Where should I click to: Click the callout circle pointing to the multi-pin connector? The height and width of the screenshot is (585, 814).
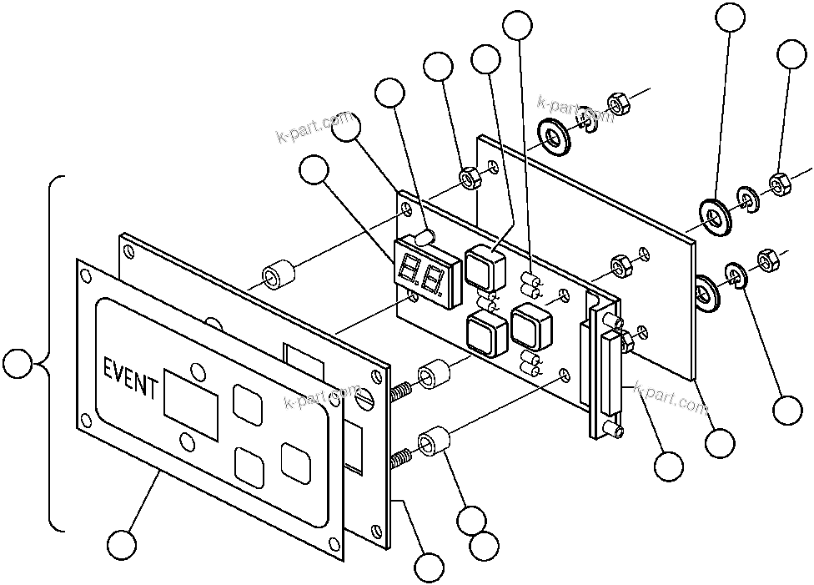coord(667,466)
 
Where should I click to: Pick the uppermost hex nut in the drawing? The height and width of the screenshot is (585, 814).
coord(618,104)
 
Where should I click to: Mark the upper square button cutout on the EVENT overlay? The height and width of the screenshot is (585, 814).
coord(247,401)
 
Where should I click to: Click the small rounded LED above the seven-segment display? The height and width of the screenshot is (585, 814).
coord(428,239)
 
